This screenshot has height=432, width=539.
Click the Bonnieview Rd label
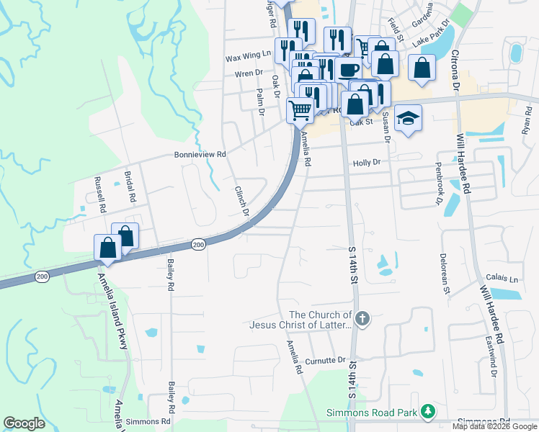click(x=200, y=154)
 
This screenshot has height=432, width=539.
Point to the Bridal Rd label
click(x=131, y=186)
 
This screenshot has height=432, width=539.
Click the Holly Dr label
click(x=366, y=163)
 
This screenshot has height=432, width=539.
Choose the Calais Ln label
click(x=502, y=279)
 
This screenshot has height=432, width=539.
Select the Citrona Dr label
click(x=456, y=71)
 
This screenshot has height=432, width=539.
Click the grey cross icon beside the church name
click(x=363, y=318)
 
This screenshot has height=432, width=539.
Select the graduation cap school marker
click(x=408, y=117)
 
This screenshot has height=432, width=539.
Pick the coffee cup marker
click(x=349, y=70)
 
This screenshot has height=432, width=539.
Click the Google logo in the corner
click(x=24, y=423)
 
